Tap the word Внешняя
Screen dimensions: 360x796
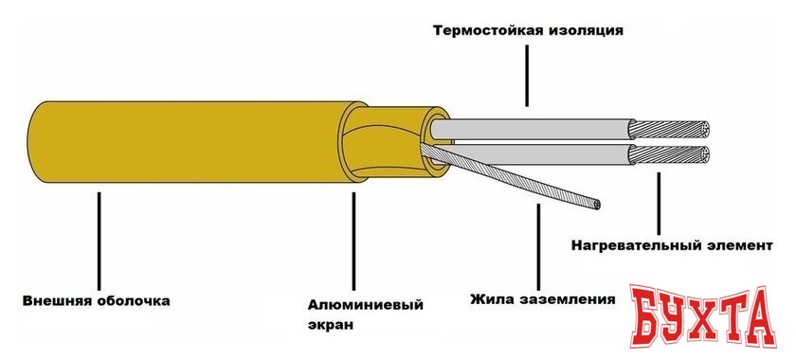coord(58,302)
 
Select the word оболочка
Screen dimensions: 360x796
coord(133,302)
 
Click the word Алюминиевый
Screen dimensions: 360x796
coord(365,304)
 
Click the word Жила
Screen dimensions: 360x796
coord(493,300)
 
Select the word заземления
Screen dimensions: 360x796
coord(568,300)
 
